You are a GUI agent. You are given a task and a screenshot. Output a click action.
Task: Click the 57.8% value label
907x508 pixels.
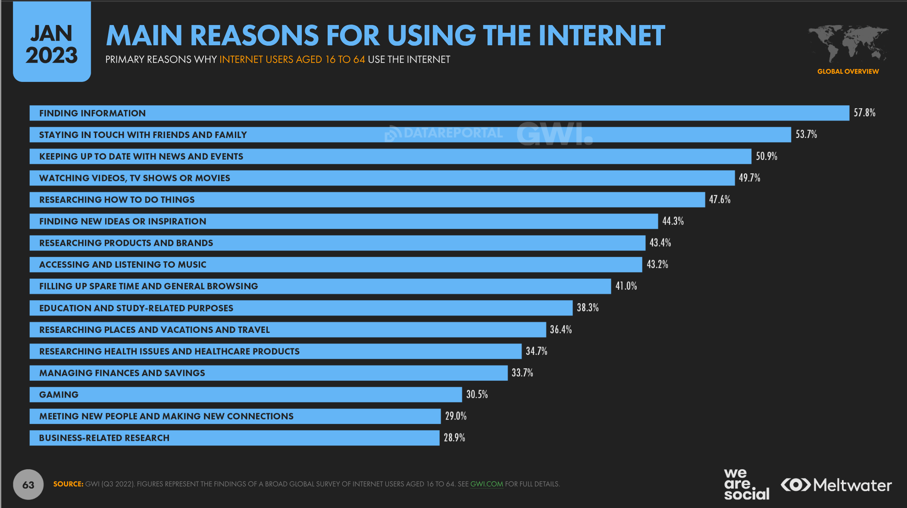coord(864,113)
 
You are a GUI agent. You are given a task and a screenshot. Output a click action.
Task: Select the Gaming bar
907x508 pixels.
coord(245,395)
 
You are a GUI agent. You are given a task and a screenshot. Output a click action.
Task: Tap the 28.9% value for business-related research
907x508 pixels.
coord(454,438)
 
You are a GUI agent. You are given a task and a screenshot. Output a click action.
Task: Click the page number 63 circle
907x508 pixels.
coord(28,485)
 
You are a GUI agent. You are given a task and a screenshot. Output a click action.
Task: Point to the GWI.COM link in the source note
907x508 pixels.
coord(486,484)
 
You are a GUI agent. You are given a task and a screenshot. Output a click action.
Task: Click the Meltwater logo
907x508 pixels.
coord(836,485)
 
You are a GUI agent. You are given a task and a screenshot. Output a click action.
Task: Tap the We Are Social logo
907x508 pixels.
coord(746,485)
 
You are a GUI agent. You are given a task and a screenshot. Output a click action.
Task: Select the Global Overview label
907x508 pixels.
coord(848,72)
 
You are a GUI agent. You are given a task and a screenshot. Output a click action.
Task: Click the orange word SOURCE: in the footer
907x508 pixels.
coord(68,484)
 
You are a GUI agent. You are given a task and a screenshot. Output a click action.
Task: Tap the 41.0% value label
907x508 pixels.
coord(626,286)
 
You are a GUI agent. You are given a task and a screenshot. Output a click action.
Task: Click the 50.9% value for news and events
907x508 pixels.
coord(766,156)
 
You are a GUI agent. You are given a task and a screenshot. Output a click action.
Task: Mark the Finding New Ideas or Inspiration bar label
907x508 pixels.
coord(122,221)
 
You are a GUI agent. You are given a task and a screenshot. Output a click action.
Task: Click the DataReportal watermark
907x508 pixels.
coord(444,133)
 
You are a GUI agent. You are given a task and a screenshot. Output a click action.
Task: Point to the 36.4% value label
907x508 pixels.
coord(561,329)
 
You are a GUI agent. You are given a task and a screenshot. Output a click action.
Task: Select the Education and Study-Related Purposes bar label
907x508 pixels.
coord(136,308)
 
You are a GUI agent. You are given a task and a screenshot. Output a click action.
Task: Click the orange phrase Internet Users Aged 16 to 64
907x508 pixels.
coord(292,60)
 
